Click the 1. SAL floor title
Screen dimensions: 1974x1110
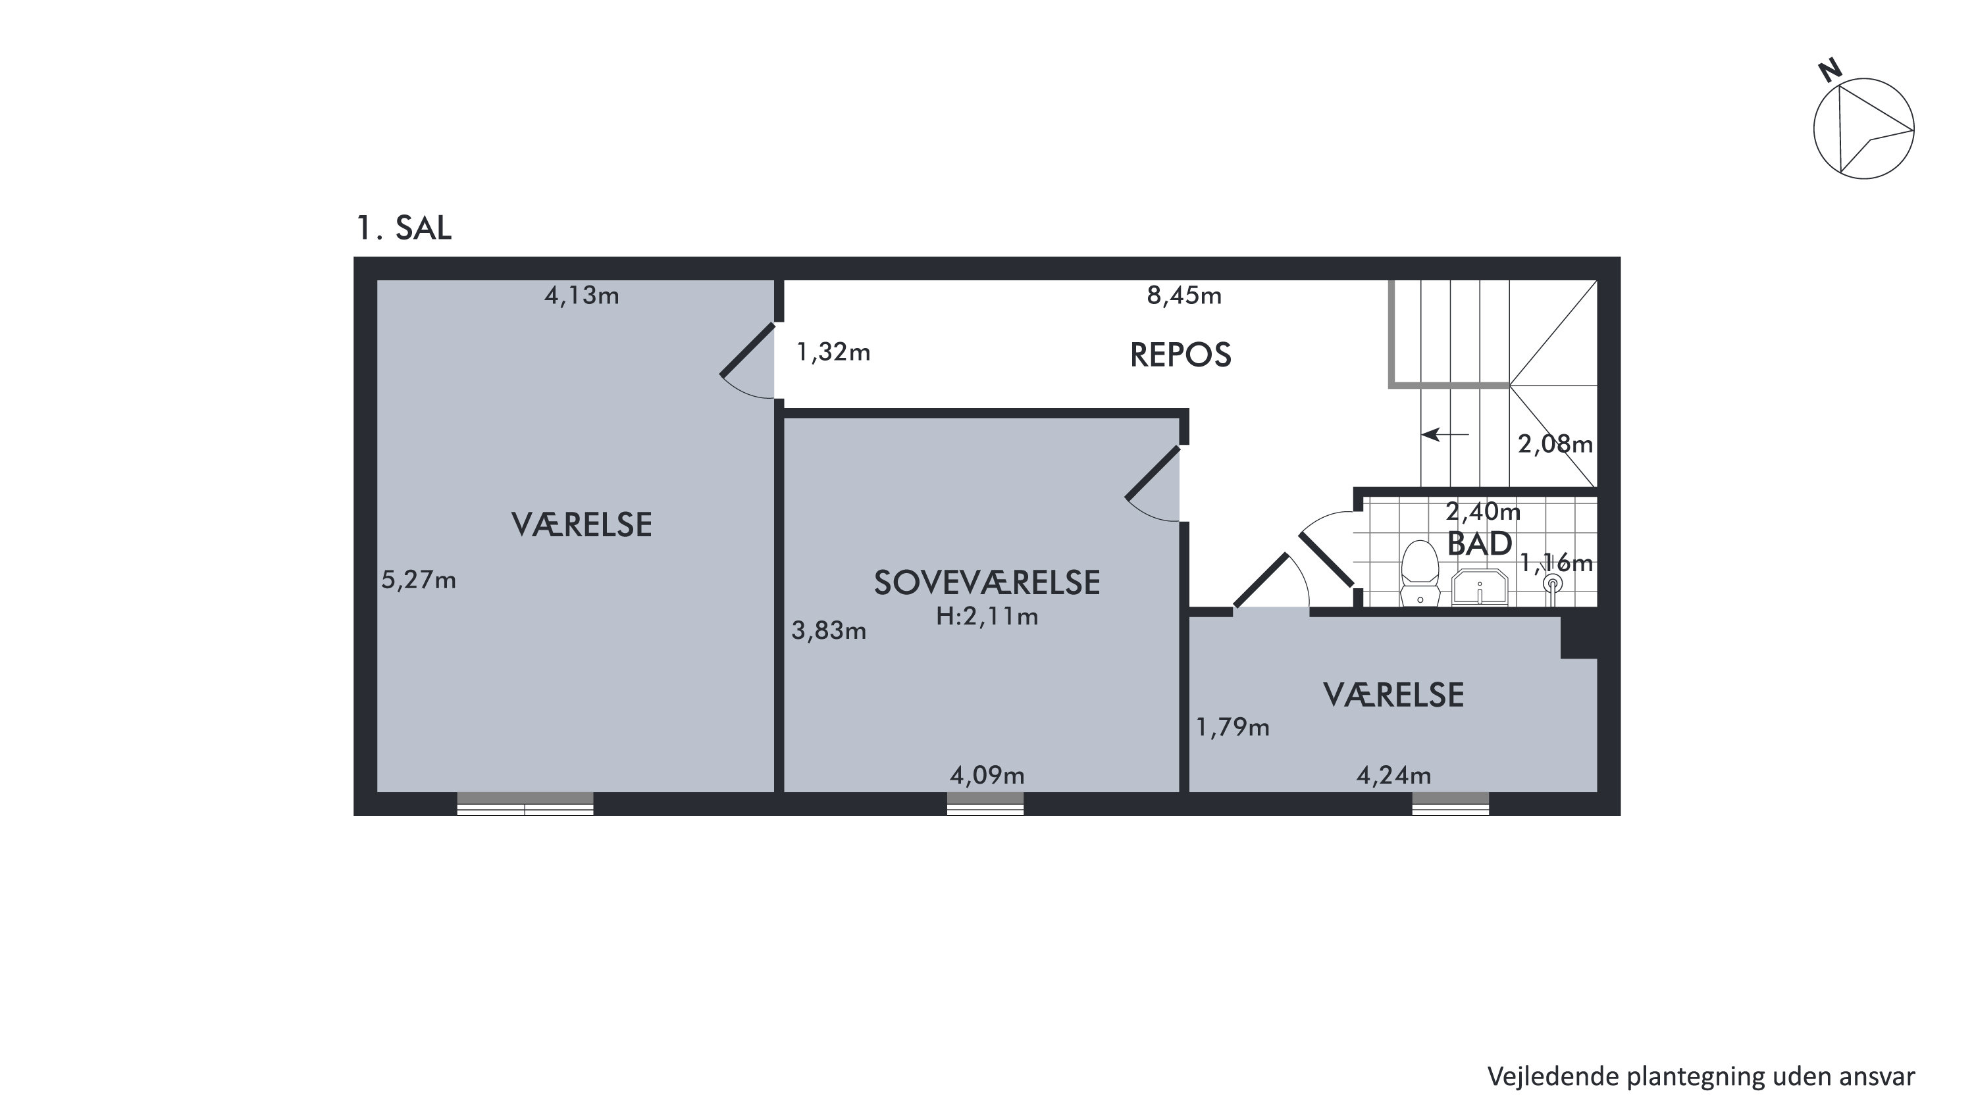click(404, 228)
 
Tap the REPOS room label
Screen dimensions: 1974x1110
click(1180, 355)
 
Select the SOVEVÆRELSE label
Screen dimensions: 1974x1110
click(987, 583)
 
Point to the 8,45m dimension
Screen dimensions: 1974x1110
click(1184, 295)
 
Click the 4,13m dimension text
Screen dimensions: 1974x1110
click(582, 295)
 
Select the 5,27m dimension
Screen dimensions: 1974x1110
click(419, 580)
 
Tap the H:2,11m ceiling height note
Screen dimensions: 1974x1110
click(987, 616)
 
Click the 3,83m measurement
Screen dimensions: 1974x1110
click(829, 630)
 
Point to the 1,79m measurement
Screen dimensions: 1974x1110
click(1232, 727)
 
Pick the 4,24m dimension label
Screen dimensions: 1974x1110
click(1394, 775)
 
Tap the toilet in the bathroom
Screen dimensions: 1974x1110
click(1419, 573)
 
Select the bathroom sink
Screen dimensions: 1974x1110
click(1480, 588)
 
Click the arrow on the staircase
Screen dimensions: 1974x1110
click(1445, 434)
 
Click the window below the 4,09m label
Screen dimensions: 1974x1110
click(985, 803)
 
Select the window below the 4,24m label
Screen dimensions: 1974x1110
click(1451, 803)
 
